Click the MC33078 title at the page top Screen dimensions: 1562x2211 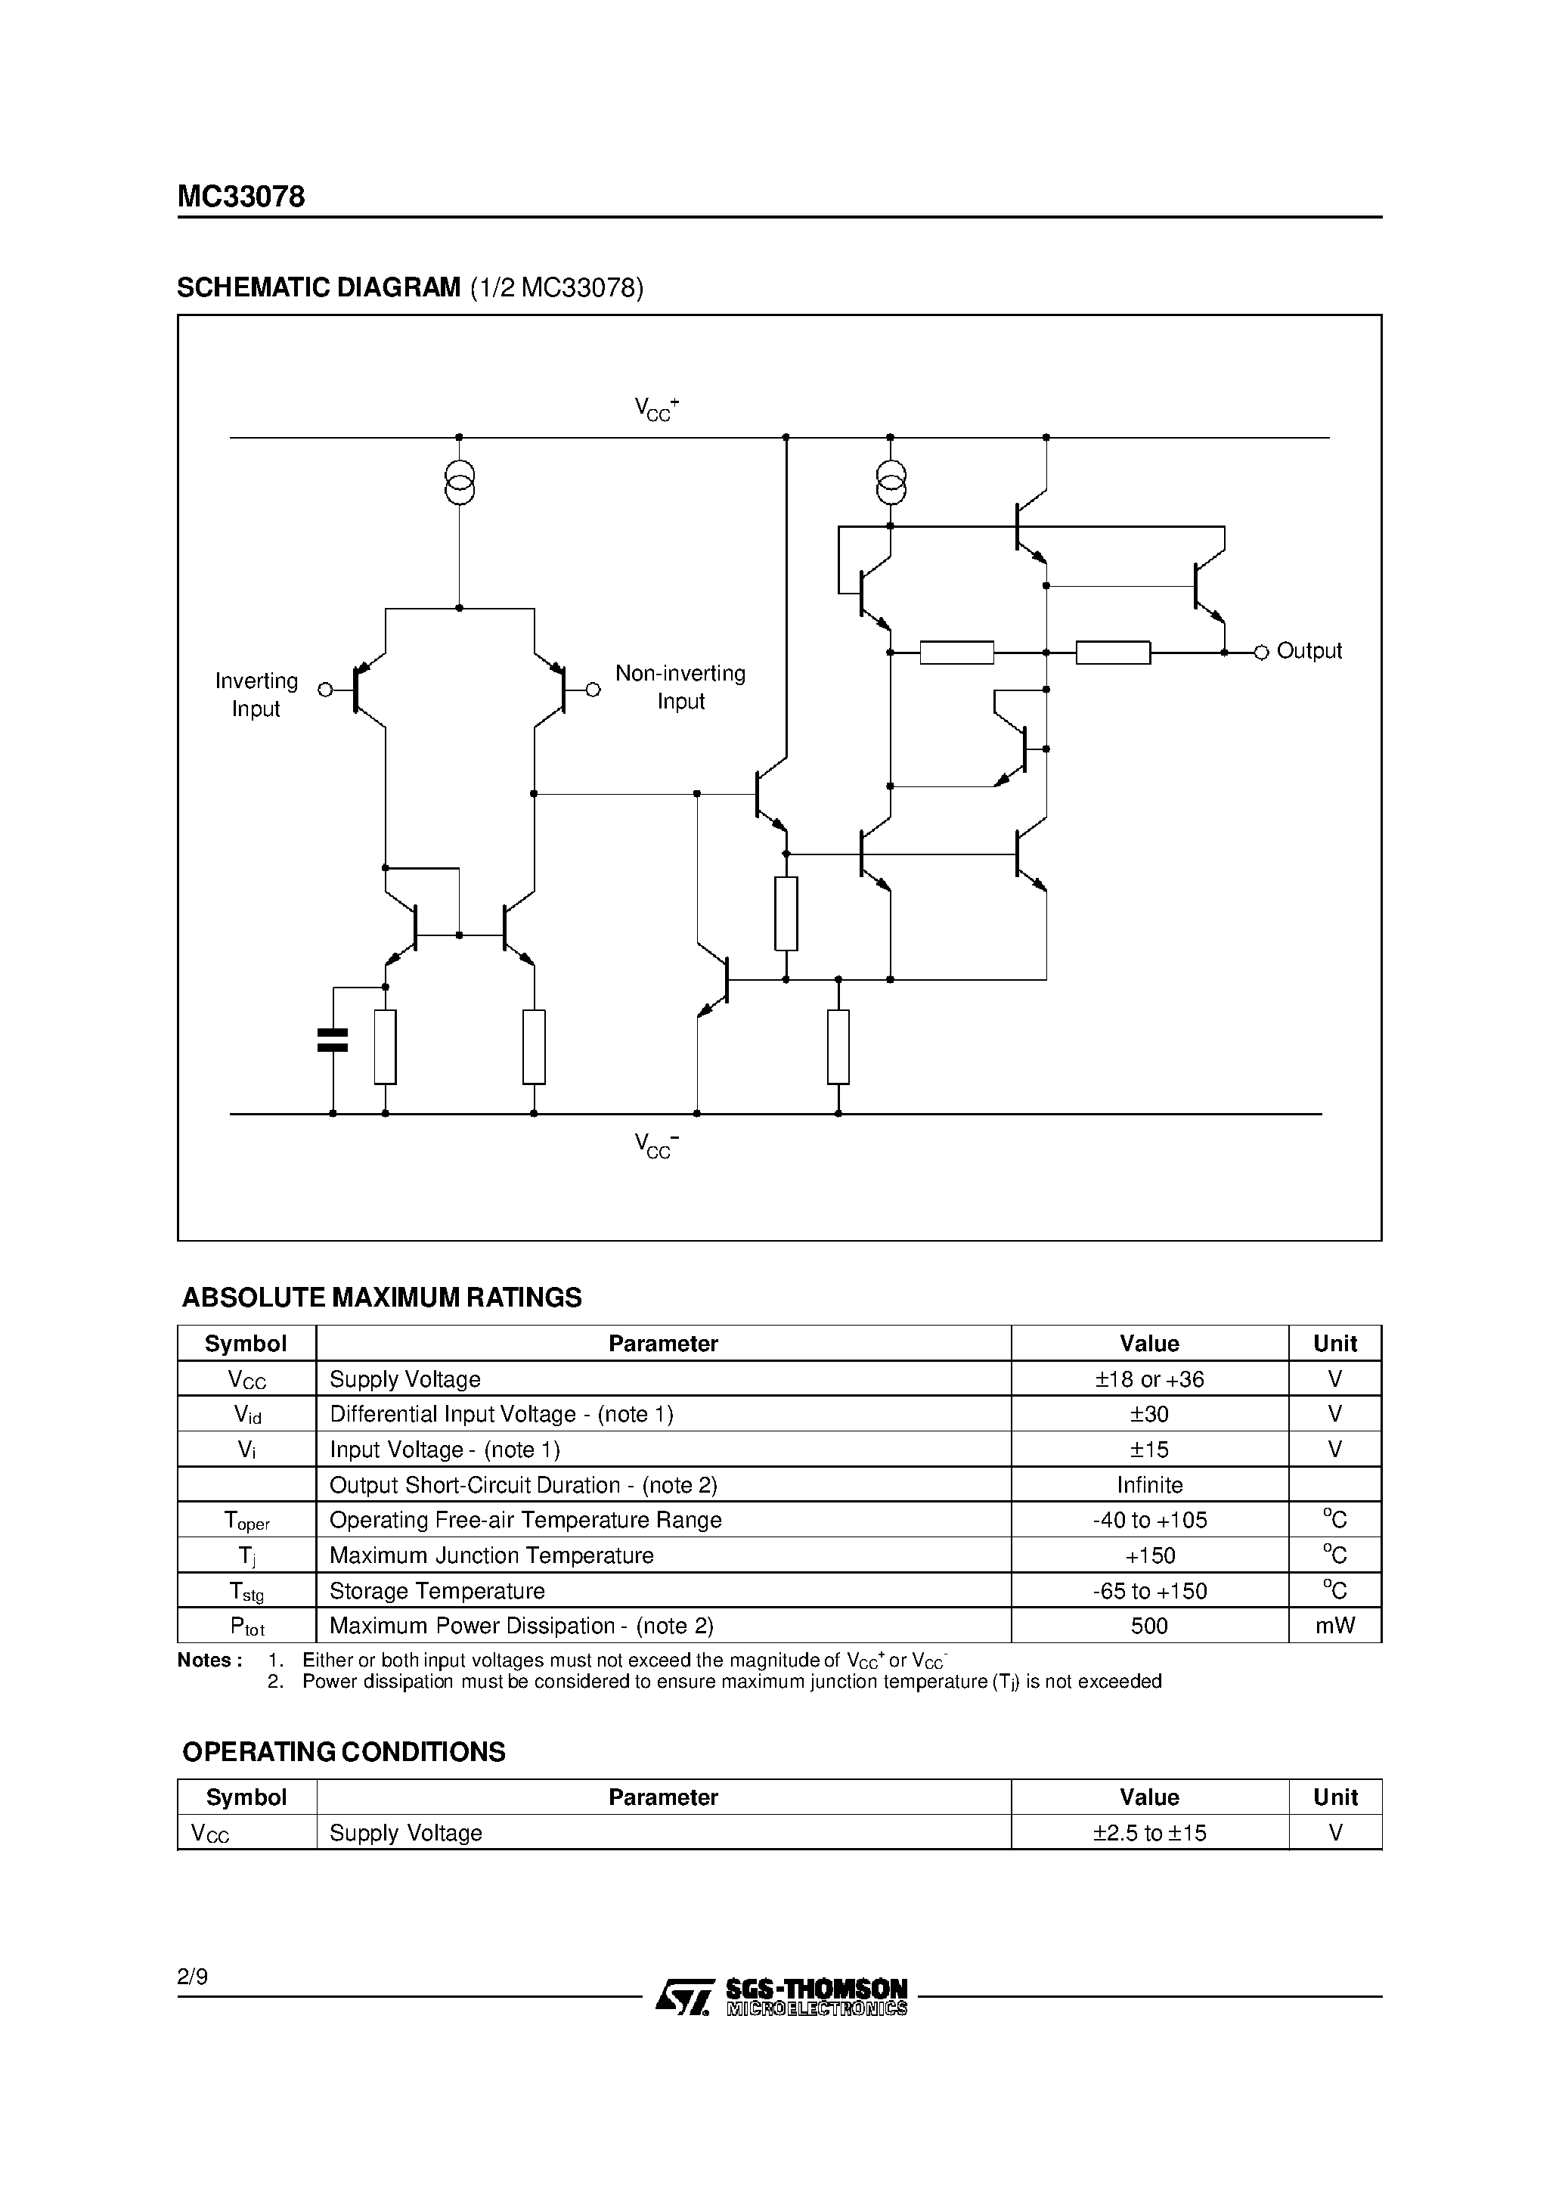pos(240,197)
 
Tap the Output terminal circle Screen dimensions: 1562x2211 pos(1260,653)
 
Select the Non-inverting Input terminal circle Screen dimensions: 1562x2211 pos(594,690)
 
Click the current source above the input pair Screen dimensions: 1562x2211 pos(460,483)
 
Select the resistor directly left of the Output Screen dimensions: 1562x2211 pos(1112,653)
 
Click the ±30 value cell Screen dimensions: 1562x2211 pos(1149,1414)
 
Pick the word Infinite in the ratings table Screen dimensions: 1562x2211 pos(1149,1485)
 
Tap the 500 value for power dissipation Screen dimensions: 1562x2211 pos(1149,1626)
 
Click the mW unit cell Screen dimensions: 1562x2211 pos(1334,1626)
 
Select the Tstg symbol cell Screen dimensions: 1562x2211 pos(246,1592)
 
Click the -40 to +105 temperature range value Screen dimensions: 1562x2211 pos(1149,1521)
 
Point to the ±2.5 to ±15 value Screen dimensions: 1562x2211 pos(1149,1833)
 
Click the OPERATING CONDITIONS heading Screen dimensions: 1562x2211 pos(344,1752)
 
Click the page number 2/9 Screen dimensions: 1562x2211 pos(193,1977)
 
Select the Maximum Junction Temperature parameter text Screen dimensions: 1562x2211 pos(491,1555)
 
